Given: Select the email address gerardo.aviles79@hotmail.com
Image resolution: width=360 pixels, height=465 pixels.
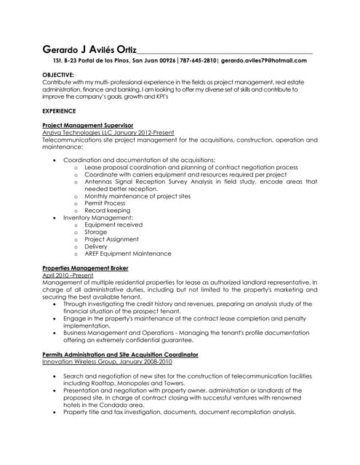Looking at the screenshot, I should coord(264,61).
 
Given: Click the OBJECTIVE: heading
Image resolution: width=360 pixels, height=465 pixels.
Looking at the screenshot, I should coord(58,76).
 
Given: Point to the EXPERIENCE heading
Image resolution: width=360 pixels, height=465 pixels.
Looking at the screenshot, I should coord(59,110).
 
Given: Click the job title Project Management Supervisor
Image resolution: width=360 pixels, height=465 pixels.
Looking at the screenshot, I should coord(88,126).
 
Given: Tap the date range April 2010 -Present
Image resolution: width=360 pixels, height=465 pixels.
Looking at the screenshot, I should coord(68,275).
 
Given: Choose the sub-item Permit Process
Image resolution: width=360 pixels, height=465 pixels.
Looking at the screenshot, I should coord(105,203).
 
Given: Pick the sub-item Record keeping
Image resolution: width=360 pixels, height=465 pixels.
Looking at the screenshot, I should coord(108,211).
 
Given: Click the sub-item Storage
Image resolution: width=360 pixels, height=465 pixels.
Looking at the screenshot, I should coord(96,232).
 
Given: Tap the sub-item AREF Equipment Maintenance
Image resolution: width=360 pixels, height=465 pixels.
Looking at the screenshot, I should coord(128,254).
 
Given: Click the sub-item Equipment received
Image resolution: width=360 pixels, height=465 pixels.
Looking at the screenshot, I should coord(113,225).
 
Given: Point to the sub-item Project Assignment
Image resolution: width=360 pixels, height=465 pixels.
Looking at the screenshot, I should coord(111,240).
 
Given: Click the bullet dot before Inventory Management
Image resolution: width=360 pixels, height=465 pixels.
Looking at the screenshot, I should coord(55,218).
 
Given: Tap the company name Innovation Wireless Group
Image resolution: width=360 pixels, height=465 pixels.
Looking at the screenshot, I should coord(83,361).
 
